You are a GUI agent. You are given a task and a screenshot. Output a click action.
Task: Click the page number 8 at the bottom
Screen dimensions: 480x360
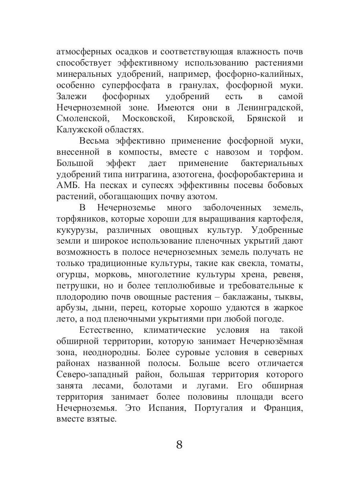pyautogui.click(x=179, y=444)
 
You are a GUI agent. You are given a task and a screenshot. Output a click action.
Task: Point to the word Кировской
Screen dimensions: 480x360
pyautogui.click(x=210, y=118)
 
